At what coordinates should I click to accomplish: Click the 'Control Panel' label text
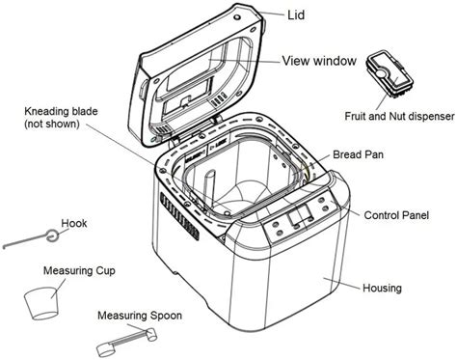pyautogui.click(x=396, y=214)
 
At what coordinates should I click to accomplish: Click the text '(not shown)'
pyautogui.click(x=54, y=125)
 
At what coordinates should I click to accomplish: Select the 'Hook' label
pyautogui.click(x=73, y=223)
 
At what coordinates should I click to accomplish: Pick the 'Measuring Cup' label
pyautogui.click(x=80, y=271)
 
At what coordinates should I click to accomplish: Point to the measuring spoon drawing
pyautogui.click(x=124, y=338)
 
